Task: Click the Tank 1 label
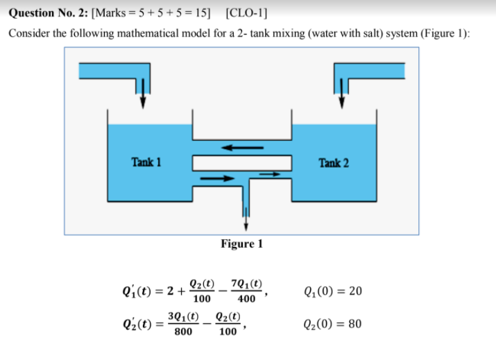[146, 162]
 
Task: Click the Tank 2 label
[334, 163]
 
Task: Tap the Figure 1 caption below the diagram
[241, 243]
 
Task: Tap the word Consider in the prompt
[28, 34]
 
